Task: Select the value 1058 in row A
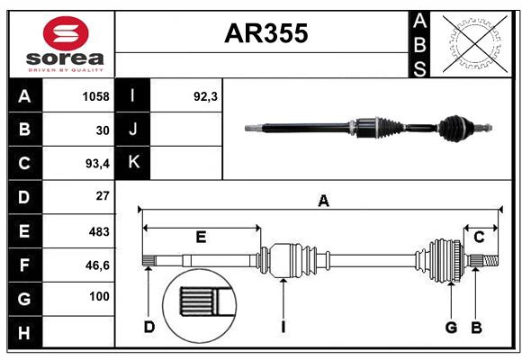[95, 96]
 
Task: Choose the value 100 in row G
[99, 296]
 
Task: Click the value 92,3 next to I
[206, 96]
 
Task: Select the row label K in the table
[133, 163]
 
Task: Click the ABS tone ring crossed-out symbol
[473, 42]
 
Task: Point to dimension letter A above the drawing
[323, 202]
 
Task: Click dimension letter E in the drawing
[201, 237]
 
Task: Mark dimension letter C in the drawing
[479, 237]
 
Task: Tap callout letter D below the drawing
[149, 326]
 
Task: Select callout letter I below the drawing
[283, 326]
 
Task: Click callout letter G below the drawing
[451, 326]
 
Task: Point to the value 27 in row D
[102, 196]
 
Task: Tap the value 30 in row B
[102, 130]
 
